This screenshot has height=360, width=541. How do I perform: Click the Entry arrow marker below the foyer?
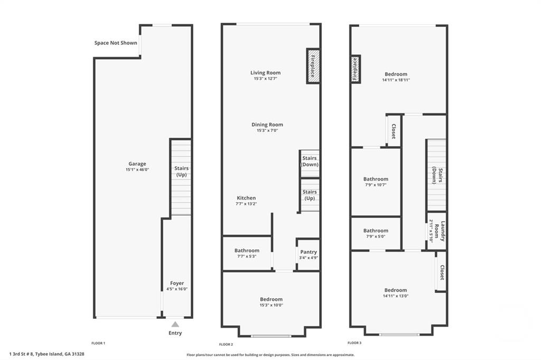[x=175, y=324]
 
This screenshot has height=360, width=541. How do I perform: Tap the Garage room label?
[x=137, y=164]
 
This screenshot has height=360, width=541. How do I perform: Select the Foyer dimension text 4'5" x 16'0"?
[x=177, y=289]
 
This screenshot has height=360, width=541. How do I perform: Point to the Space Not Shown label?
[x=116, y=43]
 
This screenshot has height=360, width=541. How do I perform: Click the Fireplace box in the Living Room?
[x=313, y=66]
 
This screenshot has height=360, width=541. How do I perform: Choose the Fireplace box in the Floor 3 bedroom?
[x=356, y=69]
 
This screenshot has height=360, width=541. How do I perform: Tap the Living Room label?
[x=265, y=73]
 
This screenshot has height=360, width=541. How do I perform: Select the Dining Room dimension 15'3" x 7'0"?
[x=267, y=130]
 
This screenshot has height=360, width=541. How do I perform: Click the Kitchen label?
[x=246, y=198]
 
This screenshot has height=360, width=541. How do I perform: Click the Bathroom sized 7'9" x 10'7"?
[x=376, y=182]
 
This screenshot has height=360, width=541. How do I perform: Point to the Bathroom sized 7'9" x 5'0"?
[x=376, y=233]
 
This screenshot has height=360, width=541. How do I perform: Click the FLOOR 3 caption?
[x=355, y=343]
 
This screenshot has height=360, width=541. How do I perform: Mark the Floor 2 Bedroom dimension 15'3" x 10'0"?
[x=270, y=305]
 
